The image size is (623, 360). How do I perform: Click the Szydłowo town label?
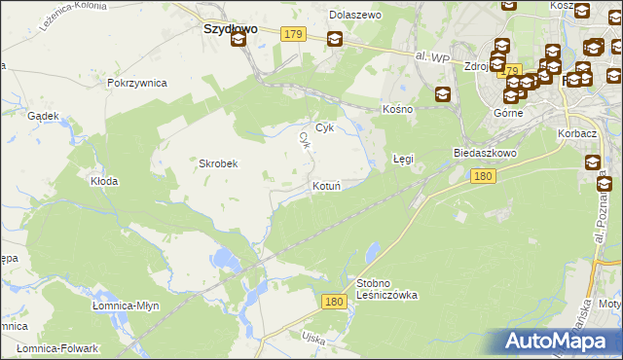pos(230,29)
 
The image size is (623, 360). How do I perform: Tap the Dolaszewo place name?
pos(355,16)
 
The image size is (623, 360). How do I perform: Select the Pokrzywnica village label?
pos(138,84)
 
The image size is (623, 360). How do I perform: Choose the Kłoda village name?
pos(104,181)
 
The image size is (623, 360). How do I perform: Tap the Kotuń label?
pos(325,186)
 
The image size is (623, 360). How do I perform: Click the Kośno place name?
pos(398,109)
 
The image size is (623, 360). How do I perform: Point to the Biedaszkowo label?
pos(484,154)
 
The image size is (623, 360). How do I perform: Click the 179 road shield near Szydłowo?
pos(294,34)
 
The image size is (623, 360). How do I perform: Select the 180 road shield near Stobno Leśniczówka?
pos(334,303)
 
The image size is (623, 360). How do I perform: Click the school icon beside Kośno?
pos(443,94)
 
